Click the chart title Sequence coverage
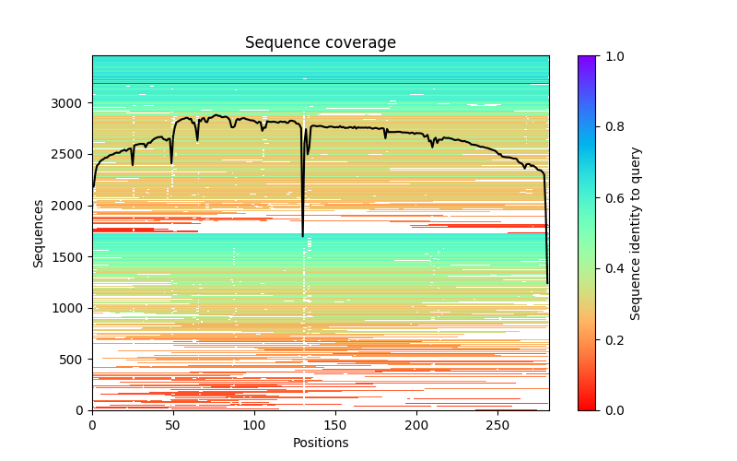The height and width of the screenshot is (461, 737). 321,43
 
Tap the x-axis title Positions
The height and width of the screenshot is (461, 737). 321,443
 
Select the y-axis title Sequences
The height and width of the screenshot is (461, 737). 39,232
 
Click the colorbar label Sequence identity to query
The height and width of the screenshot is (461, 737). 636,232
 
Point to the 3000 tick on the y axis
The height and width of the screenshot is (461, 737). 72,102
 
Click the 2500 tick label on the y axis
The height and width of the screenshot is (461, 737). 72,154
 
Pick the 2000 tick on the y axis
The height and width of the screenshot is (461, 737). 72,206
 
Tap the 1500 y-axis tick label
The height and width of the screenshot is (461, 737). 72,256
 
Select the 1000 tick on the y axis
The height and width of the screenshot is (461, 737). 72,308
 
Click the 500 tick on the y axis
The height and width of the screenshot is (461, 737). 76,360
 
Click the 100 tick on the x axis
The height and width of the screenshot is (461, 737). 254,425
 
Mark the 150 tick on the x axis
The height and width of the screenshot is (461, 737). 335,425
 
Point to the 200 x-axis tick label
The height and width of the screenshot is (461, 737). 417,425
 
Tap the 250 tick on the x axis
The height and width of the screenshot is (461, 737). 498,425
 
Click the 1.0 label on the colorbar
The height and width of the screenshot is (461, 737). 612,56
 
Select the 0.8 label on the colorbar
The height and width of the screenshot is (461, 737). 612,127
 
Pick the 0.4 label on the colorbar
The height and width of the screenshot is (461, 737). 612,268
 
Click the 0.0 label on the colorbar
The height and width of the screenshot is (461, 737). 612,410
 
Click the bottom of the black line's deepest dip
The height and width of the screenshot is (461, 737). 302,236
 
